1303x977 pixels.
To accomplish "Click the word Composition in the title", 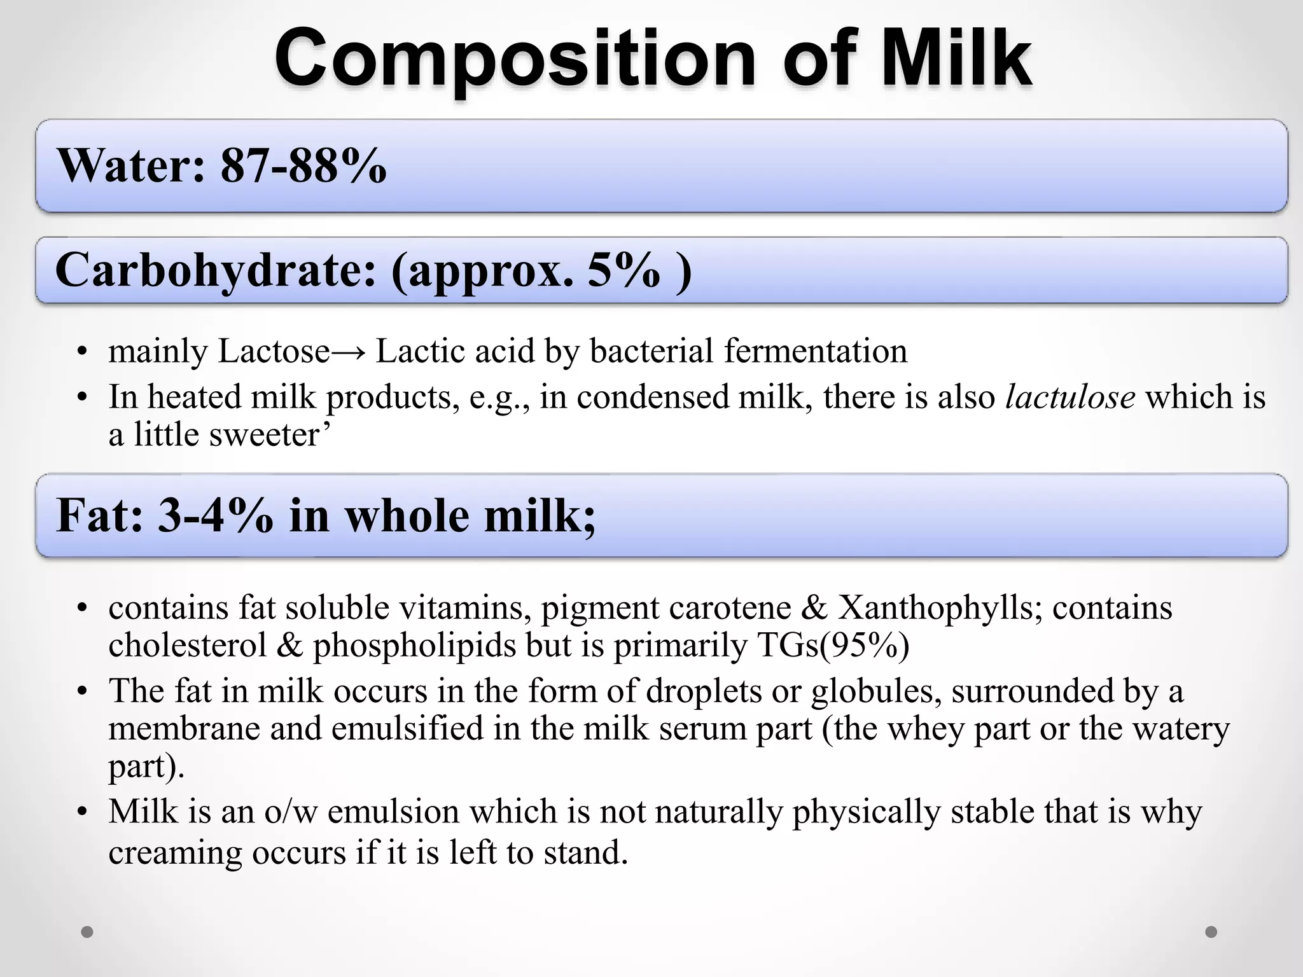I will click(x=515, y=59).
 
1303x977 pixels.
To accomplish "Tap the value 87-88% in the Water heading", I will click(x=303, y=165).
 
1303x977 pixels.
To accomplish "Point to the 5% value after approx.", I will click(x=623, y=270).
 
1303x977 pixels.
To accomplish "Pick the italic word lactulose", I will click(x=1070, y=397).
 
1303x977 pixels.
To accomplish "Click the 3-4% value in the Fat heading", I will click(x=216, y=515).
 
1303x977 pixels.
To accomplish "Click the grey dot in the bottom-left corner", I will click(x=87, y=932).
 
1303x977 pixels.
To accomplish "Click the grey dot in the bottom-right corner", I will click(x=1211, y=932).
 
